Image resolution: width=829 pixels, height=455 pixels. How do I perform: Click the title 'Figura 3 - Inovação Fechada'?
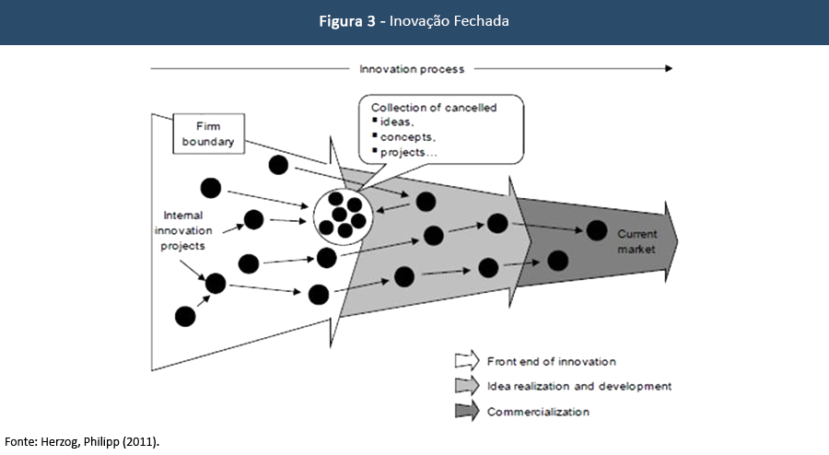414,21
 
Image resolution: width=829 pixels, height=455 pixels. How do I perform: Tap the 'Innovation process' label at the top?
412,69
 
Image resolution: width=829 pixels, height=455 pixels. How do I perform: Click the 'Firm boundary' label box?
208,134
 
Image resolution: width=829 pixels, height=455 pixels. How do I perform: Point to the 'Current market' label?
636,241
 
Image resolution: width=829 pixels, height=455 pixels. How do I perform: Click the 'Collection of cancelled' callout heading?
434,108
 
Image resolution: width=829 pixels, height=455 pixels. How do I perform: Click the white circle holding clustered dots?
341,214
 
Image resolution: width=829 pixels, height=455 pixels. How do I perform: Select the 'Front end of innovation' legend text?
552,362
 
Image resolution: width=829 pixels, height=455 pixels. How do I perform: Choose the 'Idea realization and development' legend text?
579,386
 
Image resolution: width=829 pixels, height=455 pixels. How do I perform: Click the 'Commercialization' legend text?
538,411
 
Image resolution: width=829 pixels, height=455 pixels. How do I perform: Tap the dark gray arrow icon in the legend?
467,411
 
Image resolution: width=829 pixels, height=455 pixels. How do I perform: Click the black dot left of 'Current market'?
597,231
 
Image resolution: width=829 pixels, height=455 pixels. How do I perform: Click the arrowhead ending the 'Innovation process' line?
668,68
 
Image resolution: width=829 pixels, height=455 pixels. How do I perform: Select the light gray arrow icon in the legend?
467,386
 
